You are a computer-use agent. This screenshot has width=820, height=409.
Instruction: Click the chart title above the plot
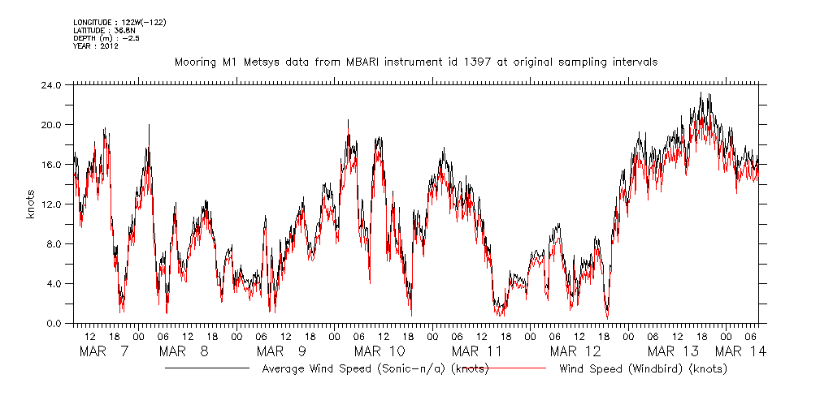pos(415,62)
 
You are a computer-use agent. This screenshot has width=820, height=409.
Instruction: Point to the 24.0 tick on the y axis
pos(51,84)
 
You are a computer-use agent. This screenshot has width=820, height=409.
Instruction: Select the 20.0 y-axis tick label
pos(51,124)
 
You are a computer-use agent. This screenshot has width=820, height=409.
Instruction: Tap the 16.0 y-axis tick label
pos(51,164)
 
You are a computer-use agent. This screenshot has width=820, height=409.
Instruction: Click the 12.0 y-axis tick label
pos(51,204)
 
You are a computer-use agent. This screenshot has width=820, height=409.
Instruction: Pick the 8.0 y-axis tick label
pos(54,243)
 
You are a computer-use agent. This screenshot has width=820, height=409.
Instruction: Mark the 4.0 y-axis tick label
pos(54,283)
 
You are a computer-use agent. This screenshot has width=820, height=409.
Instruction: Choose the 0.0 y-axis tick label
pos(54,323)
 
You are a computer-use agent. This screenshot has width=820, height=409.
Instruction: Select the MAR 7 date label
pos(104,351)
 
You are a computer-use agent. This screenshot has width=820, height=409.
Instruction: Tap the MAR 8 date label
pos(185,351)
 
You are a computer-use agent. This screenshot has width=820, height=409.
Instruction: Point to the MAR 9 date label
pos(281,351)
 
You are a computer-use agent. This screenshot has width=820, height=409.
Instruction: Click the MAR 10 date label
pos(380,351)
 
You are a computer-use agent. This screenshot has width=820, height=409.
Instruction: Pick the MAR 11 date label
pos(478,351)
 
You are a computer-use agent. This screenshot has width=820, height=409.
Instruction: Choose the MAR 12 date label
pos(575,351)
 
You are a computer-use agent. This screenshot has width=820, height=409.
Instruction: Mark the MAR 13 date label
pos(674,351)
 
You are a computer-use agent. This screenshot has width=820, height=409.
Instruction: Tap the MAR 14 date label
pos(741,351)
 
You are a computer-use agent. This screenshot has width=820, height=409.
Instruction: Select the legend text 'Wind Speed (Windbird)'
pos(643,369)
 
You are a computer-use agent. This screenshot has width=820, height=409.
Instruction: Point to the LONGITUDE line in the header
pos(119,22)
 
